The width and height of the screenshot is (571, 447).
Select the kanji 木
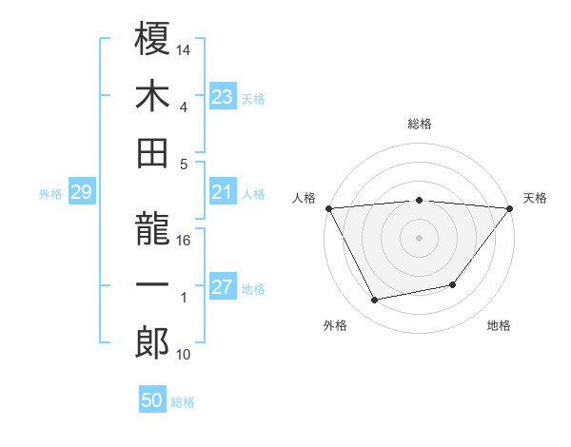point(152,96)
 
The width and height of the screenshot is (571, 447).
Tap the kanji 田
point(152,152)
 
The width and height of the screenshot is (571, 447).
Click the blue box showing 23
point(223,97)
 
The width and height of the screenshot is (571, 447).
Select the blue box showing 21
point(223,193)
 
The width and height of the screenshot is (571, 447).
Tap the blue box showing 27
point(223,288)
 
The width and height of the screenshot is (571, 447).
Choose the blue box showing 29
point(81,193)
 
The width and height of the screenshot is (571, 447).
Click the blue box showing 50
point(152,400)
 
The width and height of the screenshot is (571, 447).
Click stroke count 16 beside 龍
point(184,240)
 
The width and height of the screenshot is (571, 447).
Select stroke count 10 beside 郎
point(184,355)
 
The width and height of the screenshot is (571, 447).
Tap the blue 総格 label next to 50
point(183,402)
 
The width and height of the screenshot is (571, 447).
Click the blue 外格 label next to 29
point(50,194)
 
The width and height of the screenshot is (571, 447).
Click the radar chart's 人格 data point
point(327,207)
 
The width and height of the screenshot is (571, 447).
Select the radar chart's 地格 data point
point(453,284)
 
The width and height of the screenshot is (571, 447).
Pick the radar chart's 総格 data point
point(419,200)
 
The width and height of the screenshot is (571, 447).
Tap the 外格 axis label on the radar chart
point(335,325)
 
